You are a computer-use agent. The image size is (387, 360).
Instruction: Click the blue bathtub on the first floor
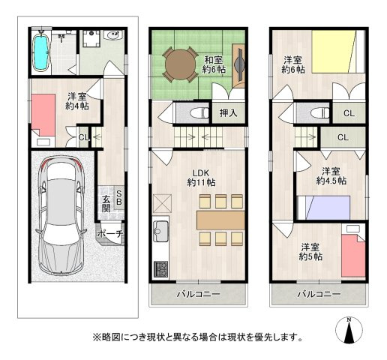point(42,51)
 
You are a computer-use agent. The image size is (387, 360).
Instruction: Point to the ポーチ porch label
point(110,234)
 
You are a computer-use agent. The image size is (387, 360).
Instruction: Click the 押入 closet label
point(229,114)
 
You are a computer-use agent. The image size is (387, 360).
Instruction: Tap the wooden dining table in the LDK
point(220,219)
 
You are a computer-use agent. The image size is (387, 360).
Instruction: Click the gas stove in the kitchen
point(160,268)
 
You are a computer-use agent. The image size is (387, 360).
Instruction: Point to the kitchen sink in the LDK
point(160,229)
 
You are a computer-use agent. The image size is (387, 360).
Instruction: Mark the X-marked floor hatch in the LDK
point(162,202)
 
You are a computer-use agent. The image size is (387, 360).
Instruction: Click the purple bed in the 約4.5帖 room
point(322,204)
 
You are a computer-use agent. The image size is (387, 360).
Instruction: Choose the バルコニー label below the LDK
point(198,294)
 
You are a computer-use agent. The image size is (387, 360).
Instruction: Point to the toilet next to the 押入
point(199,114)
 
